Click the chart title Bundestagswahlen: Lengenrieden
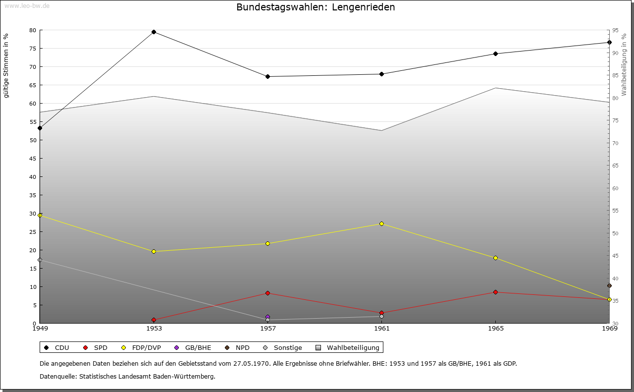pyautogui.click(x=316, y=7)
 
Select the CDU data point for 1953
pyautogui.click(x=154, y=32)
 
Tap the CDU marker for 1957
pyautogui.click(x=267, y=77)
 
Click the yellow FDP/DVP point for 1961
pyautogui.click(x=381, y=224)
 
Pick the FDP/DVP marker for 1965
pyautogui.click(x=495, y=258)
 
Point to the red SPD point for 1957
pyautogui.click(x=267, y=293)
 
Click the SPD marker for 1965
pyautogui.click(x=495, y=292)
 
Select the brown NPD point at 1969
pyautogui.click(x=609, y=286)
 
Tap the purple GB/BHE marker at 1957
pyautogui.click(x=267, y=317)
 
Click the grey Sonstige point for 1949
pyautogui.click(x=40, y=260)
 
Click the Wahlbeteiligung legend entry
pyautogui.click(x=348, y=348)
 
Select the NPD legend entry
pyautogui.click(x=238, y=348)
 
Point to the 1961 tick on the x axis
pyautogui.click(x=381, y=328)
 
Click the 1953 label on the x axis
pyautogui.click(x=154, y=328)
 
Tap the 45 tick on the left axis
pyautogui.click(x=32, y=159)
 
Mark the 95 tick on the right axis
pyautogui.click(x=615, y=30)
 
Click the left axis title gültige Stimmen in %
pyautogui.click(x=6, y=65)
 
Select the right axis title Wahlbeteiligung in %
pyautogui.click(x=624, y=65)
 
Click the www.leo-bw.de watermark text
pyautogui.click(x=26, y=5)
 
